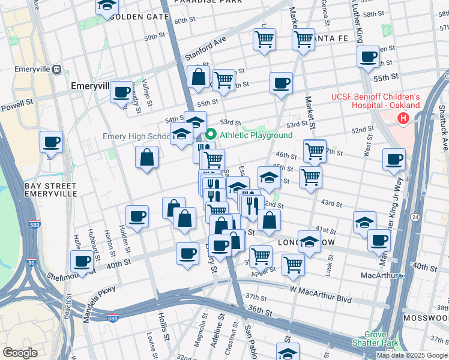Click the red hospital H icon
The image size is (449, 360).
[403, 119]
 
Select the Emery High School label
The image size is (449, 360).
[137, 136]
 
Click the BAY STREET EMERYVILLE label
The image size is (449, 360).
[50, 190]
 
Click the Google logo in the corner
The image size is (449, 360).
[20, 352]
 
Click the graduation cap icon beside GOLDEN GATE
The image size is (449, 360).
[107, 6]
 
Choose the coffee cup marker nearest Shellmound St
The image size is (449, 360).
[82, 262]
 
